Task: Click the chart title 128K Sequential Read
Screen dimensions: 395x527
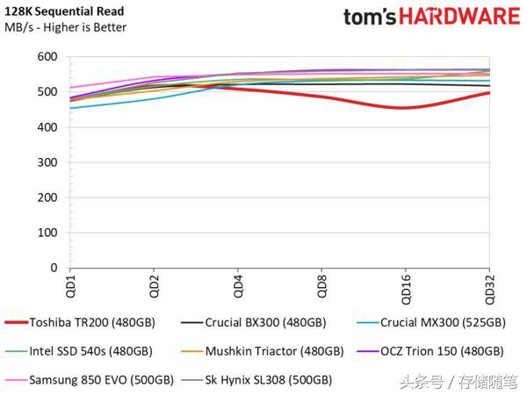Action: [x=65, y=11]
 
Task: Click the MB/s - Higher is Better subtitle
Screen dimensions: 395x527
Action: [x=66, y=27]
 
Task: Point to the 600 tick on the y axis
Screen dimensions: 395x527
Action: [x=47, y=57]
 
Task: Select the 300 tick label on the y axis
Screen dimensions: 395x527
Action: [x=47, y=162]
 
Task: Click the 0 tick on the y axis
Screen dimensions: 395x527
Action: [x=54, y=268]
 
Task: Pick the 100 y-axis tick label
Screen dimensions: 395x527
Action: [x=47, y=233]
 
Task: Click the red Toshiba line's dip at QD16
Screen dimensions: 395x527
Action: [x=404, y=108]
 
